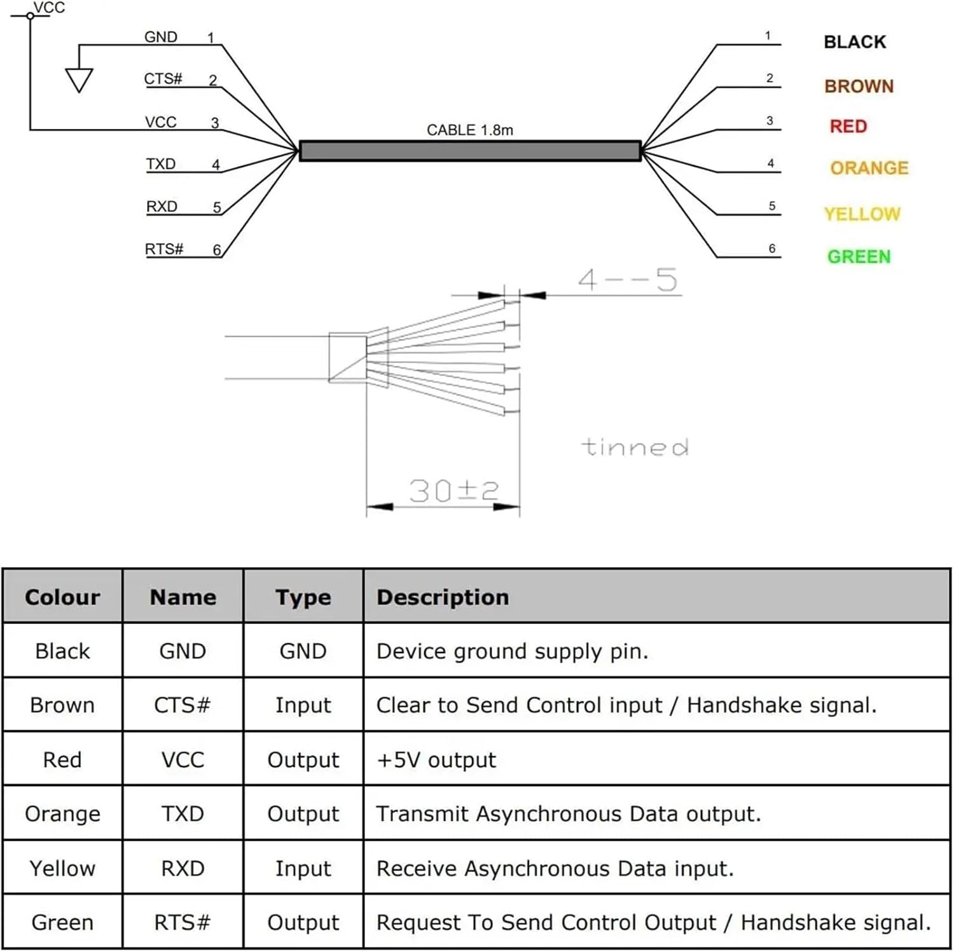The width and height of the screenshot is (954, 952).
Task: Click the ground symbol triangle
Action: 79,79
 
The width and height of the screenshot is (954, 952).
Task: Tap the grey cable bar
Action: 470,151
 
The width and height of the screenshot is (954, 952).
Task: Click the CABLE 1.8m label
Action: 469,130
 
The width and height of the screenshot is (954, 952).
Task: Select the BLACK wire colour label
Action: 854,42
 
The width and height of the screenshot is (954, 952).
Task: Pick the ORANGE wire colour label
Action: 869,168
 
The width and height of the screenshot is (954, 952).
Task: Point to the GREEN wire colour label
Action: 859,257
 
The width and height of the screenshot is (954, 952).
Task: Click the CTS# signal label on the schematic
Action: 163,79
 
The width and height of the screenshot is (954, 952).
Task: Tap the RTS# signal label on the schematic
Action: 164,249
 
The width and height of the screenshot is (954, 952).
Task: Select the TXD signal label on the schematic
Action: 161,164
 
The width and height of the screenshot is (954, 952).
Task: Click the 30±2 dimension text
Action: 453,491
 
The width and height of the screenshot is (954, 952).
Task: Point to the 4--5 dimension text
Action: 628,280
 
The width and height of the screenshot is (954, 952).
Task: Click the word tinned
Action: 635,447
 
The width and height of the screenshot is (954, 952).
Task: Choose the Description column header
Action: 443,597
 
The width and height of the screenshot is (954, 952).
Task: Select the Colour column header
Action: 62,597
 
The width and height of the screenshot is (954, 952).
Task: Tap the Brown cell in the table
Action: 62,705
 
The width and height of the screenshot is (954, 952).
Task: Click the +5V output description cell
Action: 436,760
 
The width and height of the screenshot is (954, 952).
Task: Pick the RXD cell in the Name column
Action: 183,869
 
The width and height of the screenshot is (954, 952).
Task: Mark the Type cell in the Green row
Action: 303,923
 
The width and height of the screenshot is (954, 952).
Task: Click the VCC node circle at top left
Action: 30,15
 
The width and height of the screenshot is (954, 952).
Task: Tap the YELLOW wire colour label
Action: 862,214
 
